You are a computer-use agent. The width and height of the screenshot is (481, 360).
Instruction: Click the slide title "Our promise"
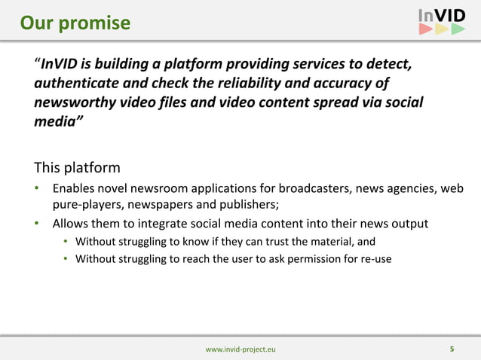tap(75, 23)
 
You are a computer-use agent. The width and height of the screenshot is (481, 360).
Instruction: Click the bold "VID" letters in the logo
tap(451, 15)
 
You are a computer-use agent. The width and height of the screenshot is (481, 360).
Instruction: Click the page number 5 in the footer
tap(452, 349)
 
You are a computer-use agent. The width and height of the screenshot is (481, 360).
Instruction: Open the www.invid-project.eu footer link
tap(240, 349)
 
